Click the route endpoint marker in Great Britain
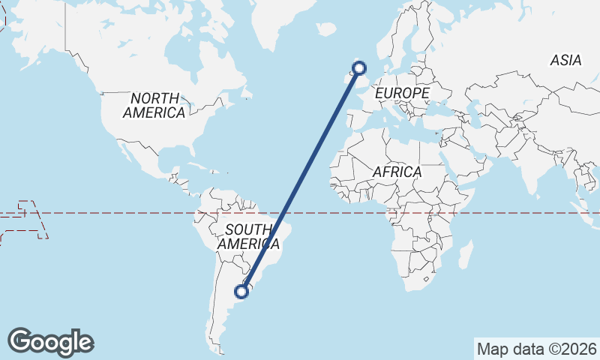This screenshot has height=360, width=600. pyautogui.click(x=359, y=68)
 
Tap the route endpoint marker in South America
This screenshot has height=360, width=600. pyautogui.click(x=242, y=291)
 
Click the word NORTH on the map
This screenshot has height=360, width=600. pyautogui.click(x=155, y=98)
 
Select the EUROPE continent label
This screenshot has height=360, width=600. pyautogui.click(x=402, y=93)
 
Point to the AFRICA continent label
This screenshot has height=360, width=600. pyautogui.click(x=397, y=172)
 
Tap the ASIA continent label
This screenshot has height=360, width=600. pyautogui.click(x=565, y=61)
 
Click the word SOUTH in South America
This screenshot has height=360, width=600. pyautogui.click(x=248, y=229)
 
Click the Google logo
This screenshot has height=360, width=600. pyautogui.click(x=50, y=342)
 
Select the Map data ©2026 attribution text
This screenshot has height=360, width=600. pyautogui.click(x=537, y=349)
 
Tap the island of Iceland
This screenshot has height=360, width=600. pyautogui.click(x=326, y=29)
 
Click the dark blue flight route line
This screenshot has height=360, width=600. pyautogui.click(x=300, y=180)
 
